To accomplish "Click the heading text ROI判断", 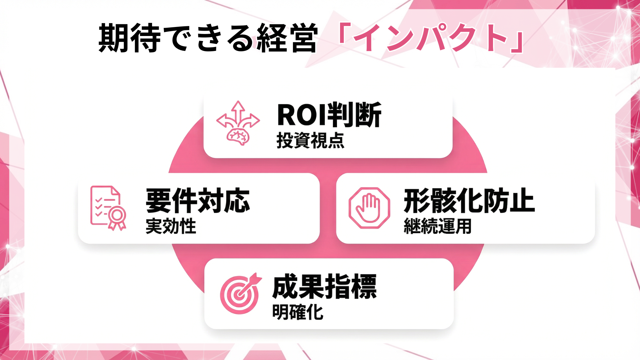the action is (329, 115).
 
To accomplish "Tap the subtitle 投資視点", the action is (310, 141).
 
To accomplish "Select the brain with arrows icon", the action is (238, 123).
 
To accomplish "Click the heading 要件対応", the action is (198, 201).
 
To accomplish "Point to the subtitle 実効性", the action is (171, 226).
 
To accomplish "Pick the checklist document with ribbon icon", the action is (108, 208).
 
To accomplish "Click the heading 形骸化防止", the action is (469, 201).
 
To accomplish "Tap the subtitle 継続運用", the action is (437, 226).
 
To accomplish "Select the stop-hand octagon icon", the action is (369, 208).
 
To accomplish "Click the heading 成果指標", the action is (324, 287).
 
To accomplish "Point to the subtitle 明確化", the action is (298, 312).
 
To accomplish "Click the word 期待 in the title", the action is (130, 38).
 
